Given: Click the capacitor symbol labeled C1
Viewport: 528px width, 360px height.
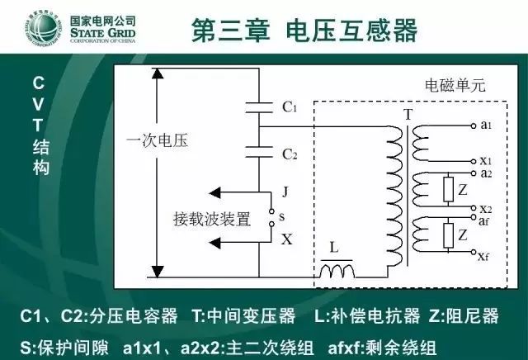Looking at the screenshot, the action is coord(259,107).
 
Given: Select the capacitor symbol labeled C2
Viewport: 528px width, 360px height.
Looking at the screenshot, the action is coord(259,152).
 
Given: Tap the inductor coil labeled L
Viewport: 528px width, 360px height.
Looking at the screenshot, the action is coord(337,271).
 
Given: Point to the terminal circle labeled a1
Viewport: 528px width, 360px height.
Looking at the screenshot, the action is coord(474,126).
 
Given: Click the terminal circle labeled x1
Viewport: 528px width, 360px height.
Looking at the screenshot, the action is coord(474,161).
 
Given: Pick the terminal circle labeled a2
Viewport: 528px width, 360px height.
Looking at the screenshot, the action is coord(474,173).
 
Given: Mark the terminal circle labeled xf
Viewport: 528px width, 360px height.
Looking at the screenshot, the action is coord(474,252).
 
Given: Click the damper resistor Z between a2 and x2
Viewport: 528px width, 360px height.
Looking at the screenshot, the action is coord(448,189).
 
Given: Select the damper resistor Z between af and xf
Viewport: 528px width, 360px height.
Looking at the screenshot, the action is coord(448,235).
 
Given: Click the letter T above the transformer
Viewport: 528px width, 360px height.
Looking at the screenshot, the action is coord(408,115).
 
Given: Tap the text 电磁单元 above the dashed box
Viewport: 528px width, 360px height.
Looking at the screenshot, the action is coord(455,85).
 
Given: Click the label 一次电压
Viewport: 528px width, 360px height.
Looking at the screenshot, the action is coord(157,140).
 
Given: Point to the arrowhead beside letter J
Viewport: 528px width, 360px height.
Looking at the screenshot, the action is coord(214,193).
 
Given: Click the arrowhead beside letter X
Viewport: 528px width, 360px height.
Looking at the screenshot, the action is coord(214,243).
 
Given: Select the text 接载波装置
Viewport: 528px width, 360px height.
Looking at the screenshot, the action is coord(212,219).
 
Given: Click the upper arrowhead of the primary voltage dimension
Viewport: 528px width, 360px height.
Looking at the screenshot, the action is coord(158,73).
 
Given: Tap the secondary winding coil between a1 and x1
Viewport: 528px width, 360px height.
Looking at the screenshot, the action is coord(421,144).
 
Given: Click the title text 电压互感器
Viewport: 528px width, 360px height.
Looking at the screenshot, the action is coord(352,31).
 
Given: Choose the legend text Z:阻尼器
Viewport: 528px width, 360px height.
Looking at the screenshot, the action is coord(464,316).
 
